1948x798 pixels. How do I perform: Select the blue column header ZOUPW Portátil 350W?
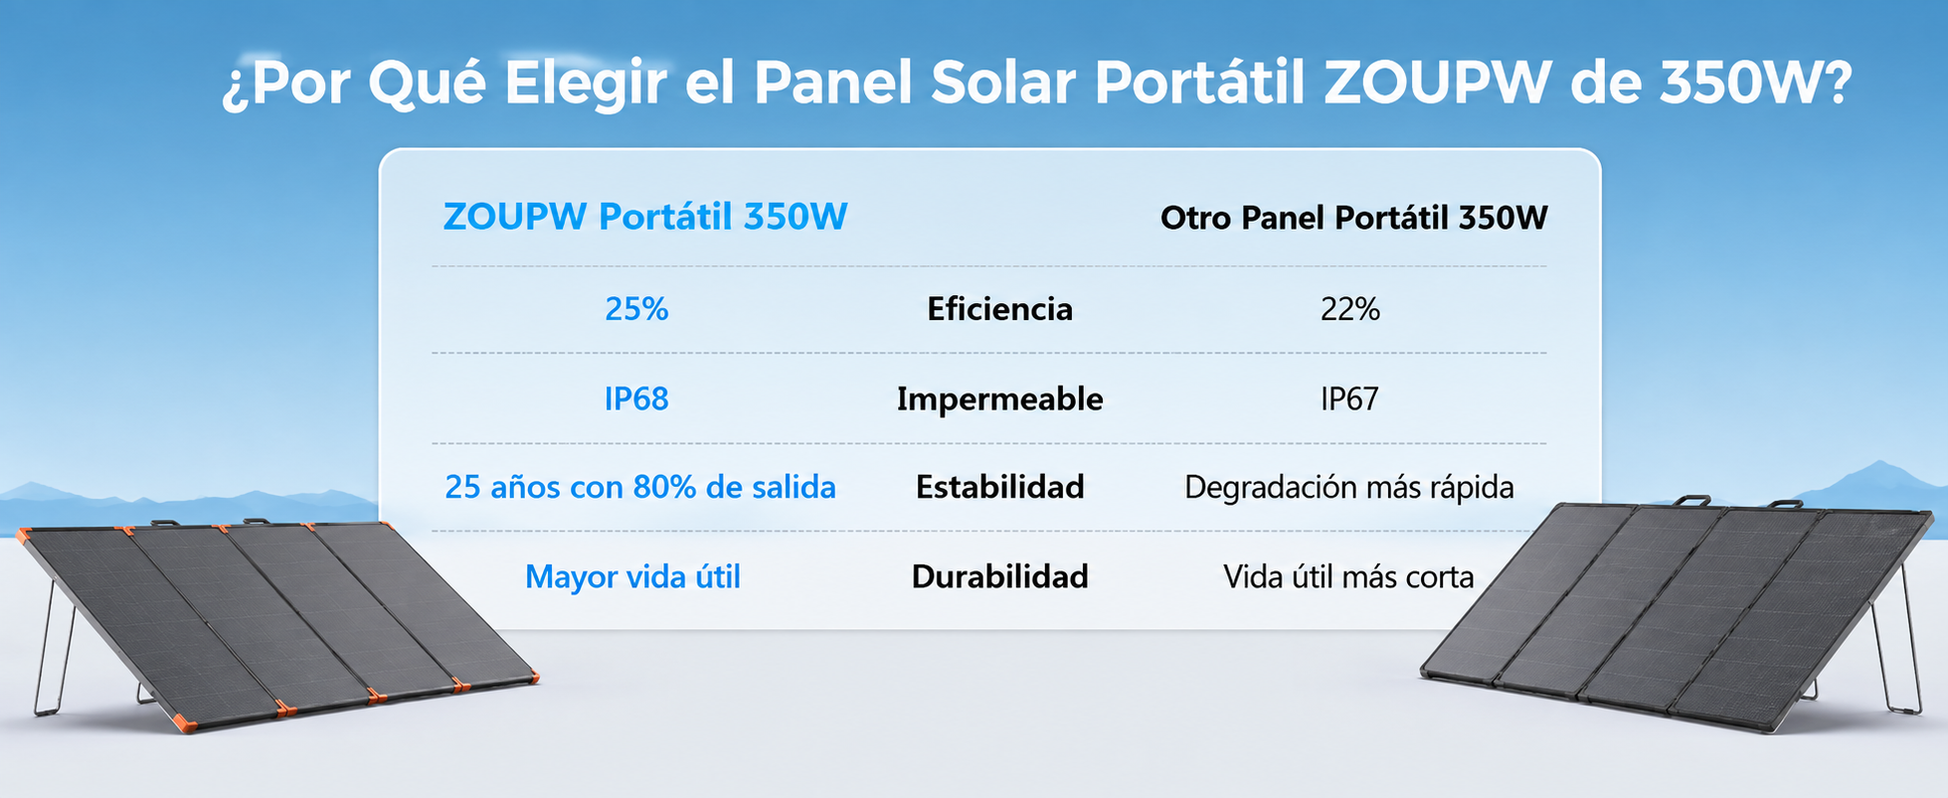click(x=645, y=217)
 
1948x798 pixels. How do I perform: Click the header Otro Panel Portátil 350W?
click(x=1354, y=218)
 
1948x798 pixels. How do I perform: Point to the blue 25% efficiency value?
click(x=636, y=309)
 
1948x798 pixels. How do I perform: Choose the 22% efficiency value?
click(x=1350, y=309)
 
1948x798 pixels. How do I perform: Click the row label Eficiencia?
click(x=999, y=309)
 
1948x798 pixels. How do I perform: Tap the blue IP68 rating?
click(x=636, y=399)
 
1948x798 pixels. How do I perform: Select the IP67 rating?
click(x=1349, y=399)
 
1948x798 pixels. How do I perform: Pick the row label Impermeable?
click(x=999, y=399)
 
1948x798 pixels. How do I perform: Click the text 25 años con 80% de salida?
click(x=640, y=487)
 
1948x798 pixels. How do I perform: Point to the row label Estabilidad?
click(x=999, y=487)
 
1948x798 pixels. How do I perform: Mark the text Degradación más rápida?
click(x=1349, y=487)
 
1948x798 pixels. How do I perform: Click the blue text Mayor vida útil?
click(x=632, y=576)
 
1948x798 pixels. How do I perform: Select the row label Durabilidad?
click(x=999, y=576)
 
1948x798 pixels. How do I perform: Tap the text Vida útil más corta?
click(x=1348, y=576)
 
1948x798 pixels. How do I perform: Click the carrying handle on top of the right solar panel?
click(x=1690, y=500)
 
